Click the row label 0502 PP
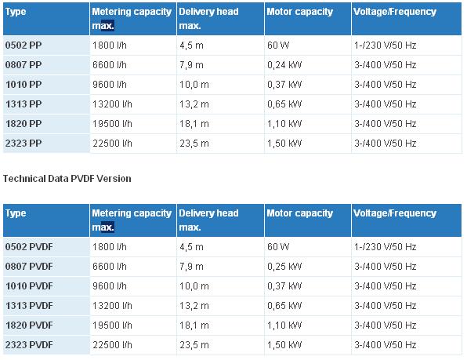pyautogui.click(x=24, y=45)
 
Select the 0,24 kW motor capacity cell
pyautogui.click(x=284, y=65)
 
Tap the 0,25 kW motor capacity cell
pyautogui.click(x=284, y=267)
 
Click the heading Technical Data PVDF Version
pyautogui.click(x=67, y=179)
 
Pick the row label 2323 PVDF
pyautogui.click(x=29, y=345)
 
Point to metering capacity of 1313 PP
pyautogui.click(x=112, y=104)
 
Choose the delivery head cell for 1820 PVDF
pyautogui.click(x=194, y=325)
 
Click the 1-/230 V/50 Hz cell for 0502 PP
pyautogui.click(x=385, y=45)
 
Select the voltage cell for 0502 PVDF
pyautogui.click(x=385, y=247)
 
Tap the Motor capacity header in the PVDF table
pyautogui.click(x=299, y=213)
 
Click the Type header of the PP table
pyautogui.click(x=16, y=12)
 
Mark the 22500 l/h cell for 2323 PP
pyautogui.click(x=112, y=144)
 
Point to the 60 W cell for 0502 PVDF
pyautogui.click(x=278, y=247)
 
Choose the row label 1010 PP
pyautogui.click(x=24, y=85)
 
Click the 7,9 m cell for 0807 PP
pyautogui.click(x=191, y=65)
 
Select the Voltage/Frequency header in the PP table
pyautogui.click(x=395, y=12)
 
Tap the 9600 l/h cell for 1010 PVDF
pyautogui.click(x=110, y=286)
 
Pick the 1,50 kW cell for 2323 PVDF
pyautogui.click(x=284, y=345)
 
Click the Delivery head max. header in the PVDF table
pyautogui.click(x=208, y=220)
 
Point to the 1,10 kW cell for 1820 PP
pyautogui.click(x=284, y=124)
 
